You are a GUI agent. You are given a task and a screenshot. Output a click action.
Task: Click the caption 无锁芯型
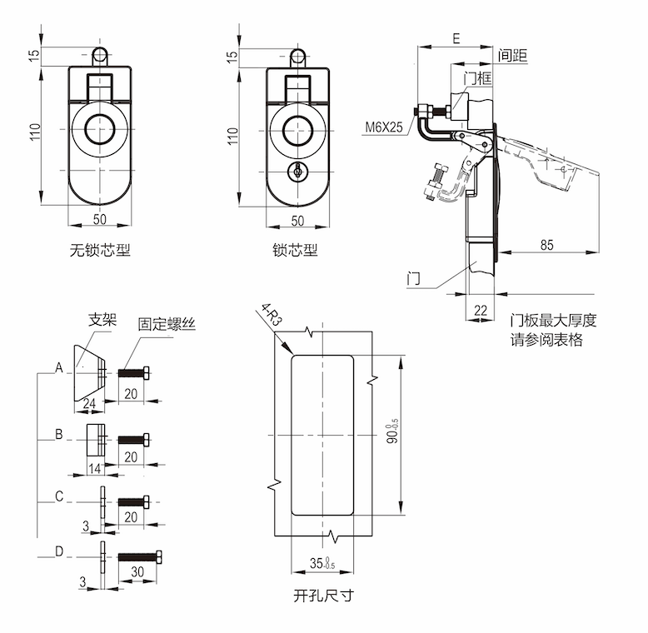[x=100, y=249]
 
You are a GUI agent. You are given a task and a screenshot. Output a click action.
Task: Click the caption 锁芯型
[x=295, y=249]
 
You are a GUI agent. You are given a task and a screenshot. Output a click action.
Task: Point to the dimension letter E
[x=455, y=38]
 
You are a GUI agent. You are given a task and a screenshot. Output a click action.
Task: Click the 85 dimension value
[x=546, y=244]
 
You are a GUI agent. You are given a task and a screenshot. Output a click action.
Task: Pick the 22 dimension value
[x=480, y=311]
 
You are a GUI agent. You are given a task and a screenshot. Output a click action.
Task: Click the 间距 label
[x=513, y=56]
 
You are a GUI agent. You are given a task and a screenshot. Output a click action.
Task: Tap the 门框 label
[x=476, y=78]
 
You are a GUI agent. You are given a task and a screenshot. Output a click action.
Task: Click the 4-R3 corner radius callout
[x=272, y=317]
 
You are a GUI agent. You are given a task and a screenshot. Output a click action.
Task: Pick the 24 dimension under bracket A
[x=89, y=404]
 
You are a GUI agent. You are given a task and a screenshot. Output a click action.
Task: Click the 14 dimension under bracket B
[x=94, y=469]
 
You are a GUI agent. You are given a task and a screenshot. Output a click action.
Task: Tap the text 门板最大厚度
[x=555, y=320]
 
